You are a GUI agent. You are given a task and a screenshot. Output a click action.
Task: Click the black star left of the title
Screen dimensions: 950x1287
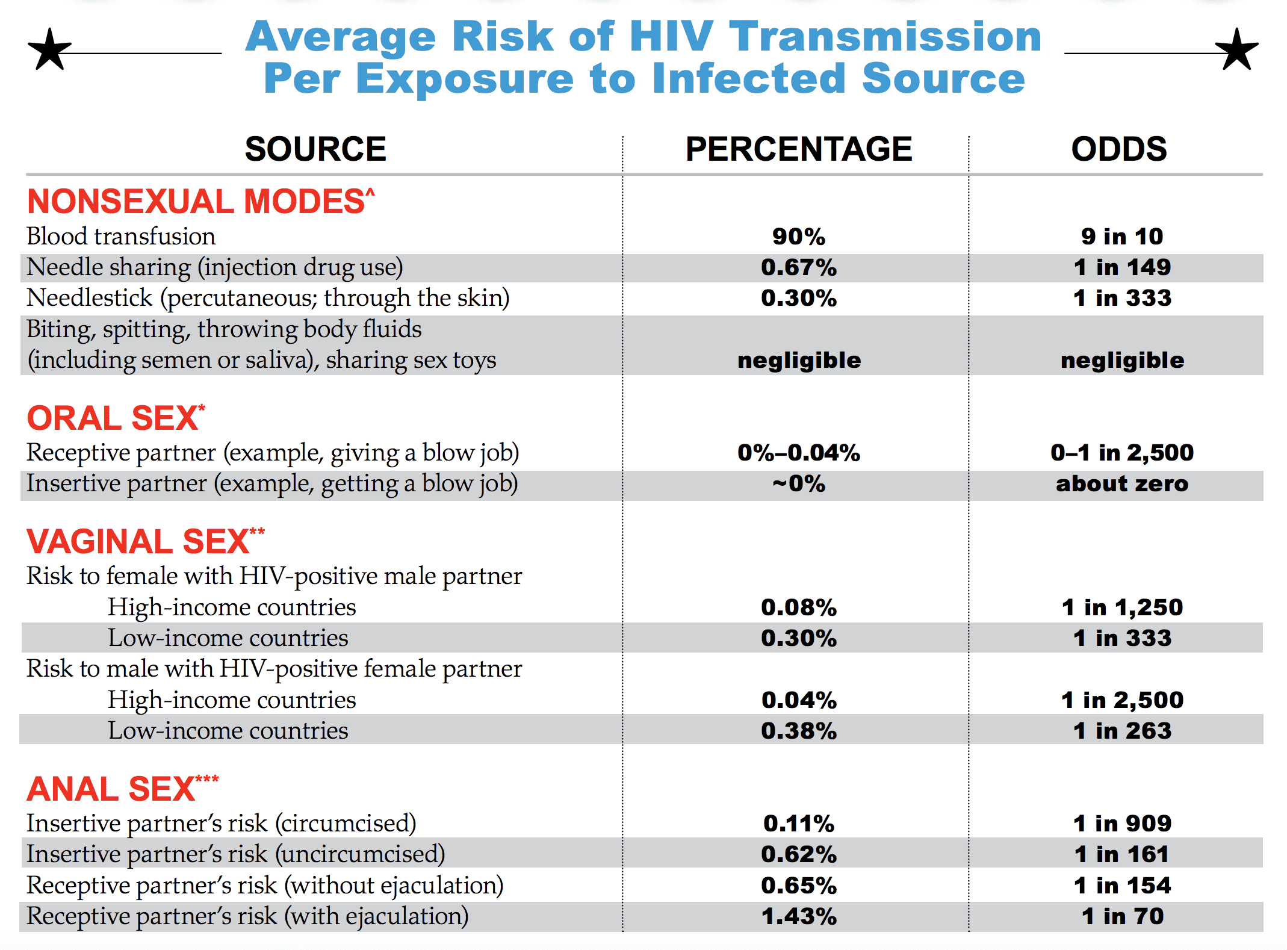point(50,49)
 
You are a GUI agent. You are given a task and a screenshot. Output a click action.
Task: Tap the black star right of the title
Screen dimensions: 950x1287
point(1236,49)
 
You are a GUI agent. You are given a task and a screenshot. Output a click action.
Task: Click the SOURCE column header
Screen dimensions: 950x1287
point(315,149)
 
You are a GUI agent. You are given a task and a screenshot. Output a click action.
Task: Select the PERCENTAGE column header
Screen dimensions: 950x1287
point(799,149)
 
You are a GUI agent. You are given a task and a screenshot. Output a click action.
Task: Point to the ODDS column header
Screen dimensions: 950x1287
point(1119,149)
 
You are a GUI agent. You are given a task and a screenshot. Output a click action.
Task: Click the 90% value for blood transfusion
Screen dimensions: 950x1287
point(799,237)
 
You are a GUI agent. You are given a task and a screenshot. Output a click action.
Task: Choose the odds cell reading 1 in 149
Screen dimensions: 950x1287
point(1122,267)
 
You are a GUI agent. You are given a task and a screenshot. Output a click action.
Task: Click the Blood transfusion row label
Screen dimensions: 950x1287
point(121,237)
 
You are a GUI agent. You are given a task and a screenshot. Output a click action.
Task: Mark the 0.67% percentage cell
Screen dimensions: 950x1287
point(799,267)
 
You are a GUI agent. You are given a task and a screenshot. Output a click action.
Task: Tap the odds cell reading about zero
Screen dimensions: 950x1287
point(1122,484)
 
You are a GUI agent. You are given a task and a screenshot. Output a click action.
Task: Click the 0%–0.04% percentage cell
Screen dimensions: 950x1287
point(799,453)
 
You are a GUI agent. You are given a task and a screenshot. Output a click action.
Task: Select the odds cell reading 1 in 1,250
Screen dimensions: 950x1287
point(1122,607)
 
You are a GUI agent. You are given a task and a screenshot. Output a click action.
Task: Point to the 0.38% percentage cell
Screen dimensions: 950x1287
point(799,731)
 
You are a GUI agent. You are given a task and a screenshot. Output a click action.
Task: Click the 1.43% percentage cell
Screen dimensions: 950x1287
point(799,916)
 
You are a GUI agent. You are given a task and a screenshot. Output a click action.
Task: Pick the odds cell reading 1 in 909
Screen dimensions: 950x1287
point(1122,824)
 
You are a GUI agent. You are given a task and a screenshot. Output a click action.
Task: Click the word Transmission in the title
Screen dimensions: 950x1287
point(885,37)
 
